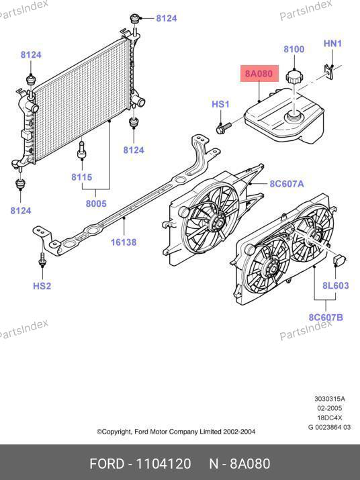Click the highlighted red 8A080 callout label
259,74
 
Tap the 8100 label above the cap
294,49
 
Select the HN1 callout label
332,44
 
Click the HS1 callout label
220,104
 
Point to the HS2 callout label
42,286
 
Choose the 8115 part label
81,177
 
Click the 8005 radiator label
96,203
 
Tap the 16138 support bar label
124,242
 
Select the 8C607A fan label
287,184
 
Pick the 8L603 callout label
336,285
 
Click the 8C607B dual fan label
326,317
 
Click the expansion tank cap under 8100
294,77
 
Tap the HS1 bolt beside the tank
224,128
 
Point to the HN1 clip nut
329,72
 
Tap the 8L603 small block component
339,261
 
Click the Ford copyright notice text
176,432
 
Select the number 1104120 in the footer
163,463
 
